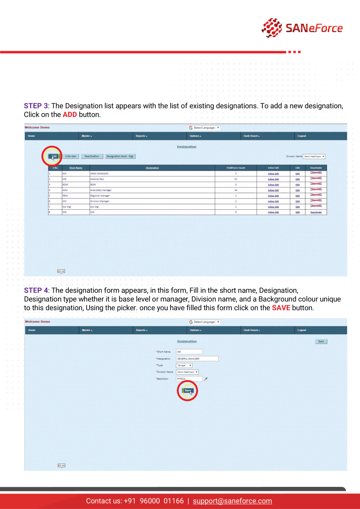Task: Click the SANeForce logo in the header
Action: pos(302,28)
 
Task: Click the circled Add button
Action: pos(53,156)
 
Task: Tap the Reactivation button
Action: pos(92,156)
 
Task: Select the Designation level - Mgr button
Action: pos(120,156)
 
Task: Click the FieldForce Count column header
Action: pos(236,168)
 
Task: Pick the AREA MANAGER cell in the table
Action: pos(99,173)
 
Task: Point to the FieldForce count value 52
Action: pos(236,179)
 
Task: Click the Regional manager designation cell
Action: pos(100,196)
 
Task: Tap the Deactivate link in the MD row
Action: pos(316,212)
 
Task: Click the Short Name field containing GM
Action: pos(189,352)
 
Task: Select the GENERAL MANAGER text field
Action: pos(197,358)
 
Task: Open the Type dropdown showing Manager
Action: pos(184,365)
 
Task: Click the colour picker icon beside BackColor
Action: pos(206,379)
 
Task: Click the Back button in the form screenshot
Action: pos(321,341)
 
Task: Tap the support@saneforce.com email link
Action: pos(232,501)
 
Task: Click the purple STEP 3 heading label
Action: pos(36,106)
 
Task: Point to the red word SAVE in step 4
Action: pos(281,308)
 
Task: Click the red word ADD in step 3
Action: pos(70,115)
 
